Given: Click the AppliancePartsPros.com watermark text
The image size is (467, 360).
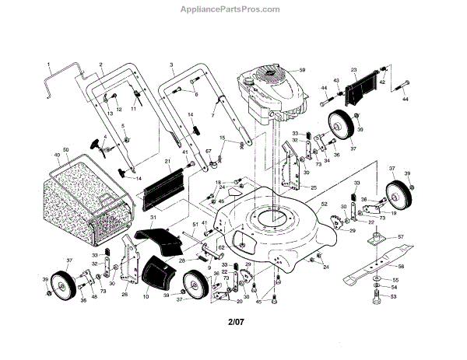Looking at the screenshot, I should [234, 9].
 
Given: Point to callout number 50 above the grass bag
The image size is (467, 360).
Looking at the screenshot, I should [66, 149].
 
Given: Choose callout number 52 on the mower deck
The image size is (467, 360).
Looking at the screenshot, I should [323, 204].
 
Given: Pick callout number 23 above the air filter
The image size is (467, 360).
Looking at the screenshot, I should [353, 70].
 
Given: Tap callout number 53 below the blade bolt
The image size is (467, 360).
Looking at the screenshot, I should [393, 297].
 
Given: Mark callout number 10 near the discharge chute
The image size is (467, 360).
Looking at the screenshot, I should [146, 296].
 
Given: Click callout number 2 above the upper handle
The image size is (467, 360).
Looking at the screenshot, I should [101, 62].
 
